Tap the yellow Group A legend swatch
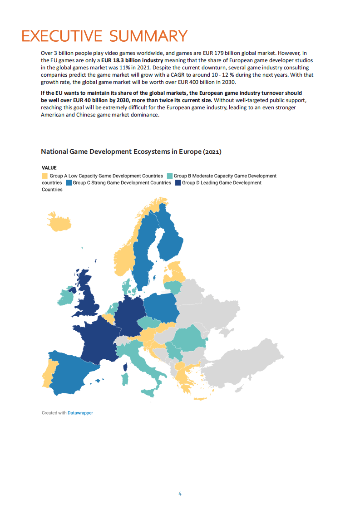tap(44, 176)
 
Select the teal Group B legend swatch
tap(169, 176)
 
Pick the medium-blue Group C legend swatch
tap(69, 183)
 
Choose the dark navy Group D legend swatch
tap(178, 183)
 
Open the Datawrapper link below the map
tap(80, 413)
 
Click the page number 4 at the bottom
tap(180, 494)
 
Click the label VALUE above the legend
tap(49, 167)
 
